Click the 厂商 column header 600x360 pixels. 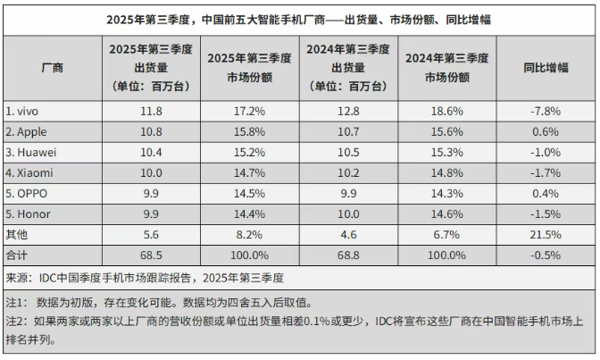(x=52, y=67)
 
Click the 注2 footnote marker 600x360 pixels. (x=16, y=321)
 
